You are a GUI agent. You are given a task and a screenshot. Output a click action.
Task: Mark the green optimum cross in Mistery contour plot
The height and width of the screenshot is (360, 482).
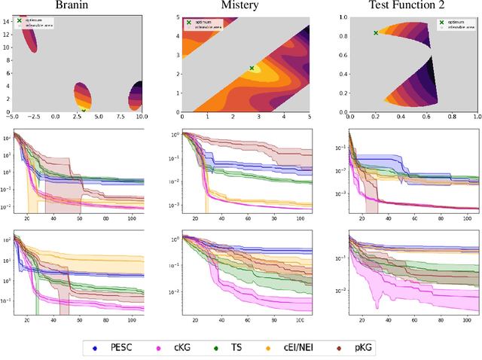coord(252,68)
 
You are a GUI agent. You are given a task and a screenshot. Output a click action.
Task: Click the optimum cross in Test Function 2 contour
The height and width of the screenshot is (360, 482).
coord(376,32)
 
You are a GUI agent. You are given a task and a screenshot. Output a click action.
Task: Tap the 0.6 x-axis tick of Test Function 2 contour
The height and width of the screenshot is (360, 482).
coord(426,117)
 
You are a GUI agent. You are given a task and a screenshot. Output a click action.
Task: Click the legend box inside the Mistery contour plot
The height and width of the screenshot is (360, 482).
coord(202,23)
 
